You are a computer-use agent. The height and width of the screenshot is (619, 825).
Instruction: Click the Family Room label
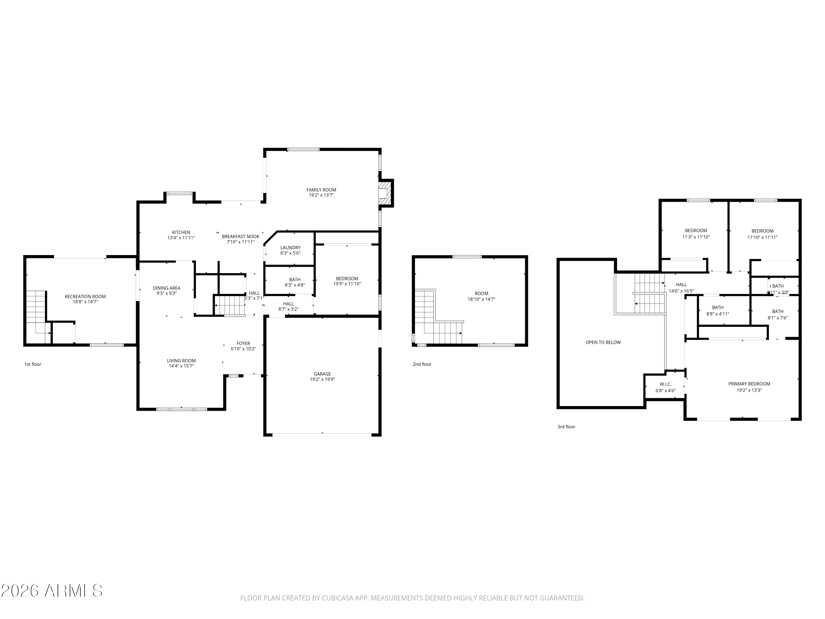321,190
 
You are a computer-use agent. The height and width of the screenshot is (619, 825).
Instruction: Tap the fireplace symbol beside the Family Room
385,193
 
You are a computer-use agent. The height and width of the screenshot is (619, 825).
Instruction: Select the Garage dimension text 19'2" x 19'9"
322,379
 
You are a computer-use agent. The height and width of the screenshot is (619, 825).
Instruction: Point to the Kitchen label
181,232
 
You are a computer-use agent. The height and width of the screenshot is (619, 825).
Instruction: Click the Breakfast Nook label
241,237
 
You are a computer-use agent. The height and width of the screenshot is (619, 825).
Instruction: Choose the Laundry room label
290,248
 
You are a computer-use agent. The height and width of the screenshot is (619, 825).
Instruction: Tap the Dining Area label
166,288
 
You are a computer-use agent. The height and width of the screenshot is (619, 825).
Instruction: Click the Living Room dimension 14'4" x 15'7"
181,366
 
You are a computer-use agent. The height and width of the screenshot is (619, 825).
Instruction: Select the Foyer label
243,344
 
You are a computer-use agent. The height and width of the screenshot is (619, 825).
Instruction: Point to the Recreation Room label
85,297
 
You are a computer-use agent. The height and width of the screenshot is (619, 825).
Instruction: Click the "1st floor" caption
33,364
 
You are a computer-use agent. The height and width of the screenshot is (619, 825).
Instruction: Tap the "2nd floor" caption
422,364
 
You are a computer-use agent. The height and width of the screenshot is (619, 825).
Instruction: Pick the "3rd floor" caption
566,427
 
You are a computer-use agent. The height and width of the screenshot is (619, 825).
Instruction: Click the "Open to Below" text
603,343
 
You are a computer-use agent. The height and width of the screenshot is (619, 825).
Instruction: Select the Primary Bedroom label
749,384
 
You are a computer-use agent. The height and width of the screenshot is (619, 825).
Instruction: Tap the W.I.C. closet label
665,384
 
